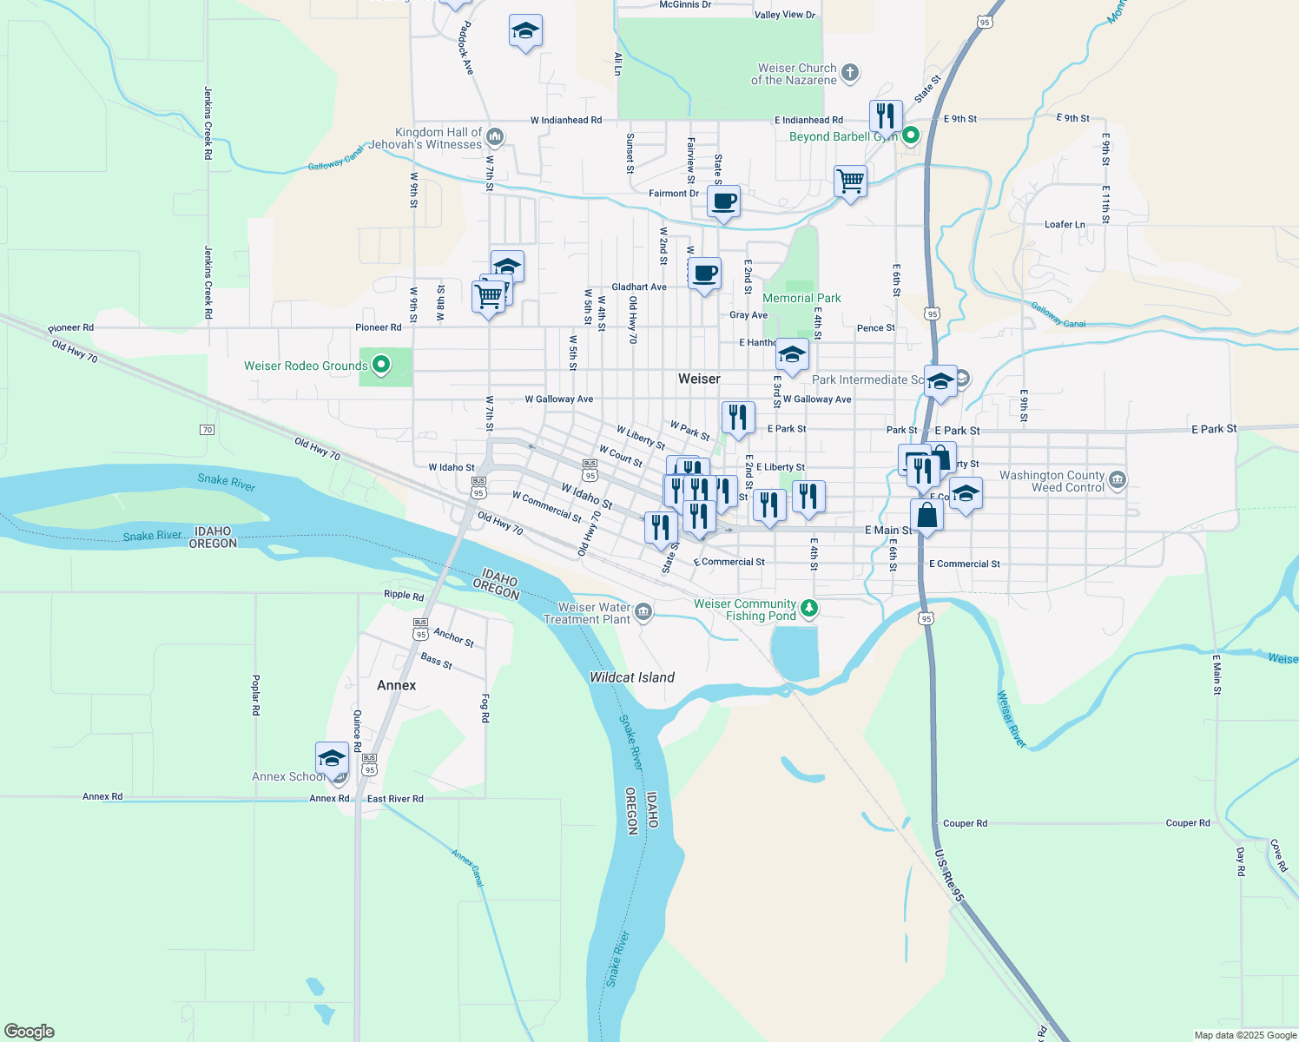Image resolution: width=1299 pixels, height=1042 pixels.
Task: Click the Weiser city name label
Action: coord(699,379)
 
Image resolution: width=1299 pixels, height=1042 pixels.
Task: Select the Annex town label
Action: coord(396,685)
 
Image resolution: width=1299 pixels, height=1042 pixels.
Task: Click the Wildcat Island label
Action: coord(632,677)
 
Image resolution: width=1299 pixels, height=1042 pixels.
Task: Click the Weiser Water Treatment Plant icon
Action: coord(643,612)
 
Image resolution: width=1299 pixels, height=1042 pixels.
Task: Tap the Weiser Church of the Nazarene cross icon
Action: coord(850,73)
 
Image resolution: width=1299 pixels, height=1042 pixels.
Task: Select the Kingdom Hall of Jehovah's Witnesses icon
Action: coord(495,136)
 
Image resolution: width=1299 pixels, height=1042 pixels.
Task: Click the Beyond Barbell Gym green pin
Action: coord(911,135)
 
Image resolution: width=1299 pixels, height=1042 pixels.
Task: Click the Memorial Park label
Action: coord(801,298)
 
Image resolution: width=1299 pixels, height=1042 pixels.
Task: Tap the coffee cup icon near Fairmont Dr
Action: coord(723,202)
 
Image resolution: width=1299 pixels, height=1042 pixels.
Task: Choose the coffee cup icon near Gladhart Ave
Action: coord(705,274)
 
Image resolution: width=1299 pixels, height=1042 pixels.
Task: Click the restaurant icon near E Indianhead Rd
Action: coord(886,115)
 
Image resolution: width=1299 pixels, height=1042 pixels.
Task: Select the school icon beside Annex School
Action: coord(332,758)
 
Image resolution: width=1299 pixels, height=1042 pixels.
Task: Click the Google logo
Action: coord(29,1032)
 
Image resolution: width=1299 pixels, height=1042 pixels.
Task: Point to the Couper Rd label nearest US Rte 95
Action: coord(965,823)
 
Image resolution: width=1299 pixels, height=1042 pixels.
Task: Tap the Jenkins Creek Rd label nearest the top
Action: coord(208,122)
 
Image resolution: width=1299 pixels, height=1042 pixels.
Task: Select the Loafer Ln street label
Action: coord(1065,224)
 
